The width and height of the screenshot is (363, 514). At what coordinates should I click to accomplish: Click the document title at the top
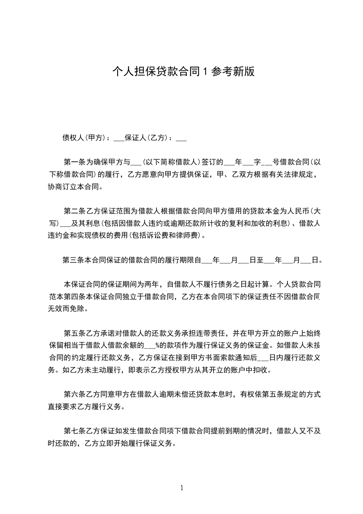[183, 72]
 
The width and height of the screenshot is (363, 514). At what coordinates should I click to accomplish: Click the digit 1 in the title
[206, 72]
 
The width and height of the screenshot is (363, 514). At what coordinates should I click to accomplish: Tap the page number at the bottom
[182, 488]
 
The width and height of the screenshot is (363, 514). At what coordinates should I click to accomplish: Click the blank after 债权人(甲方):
[119, 137]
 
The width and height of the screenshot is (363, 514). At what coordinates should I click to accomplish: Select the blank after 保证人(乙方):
[181, 137]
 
